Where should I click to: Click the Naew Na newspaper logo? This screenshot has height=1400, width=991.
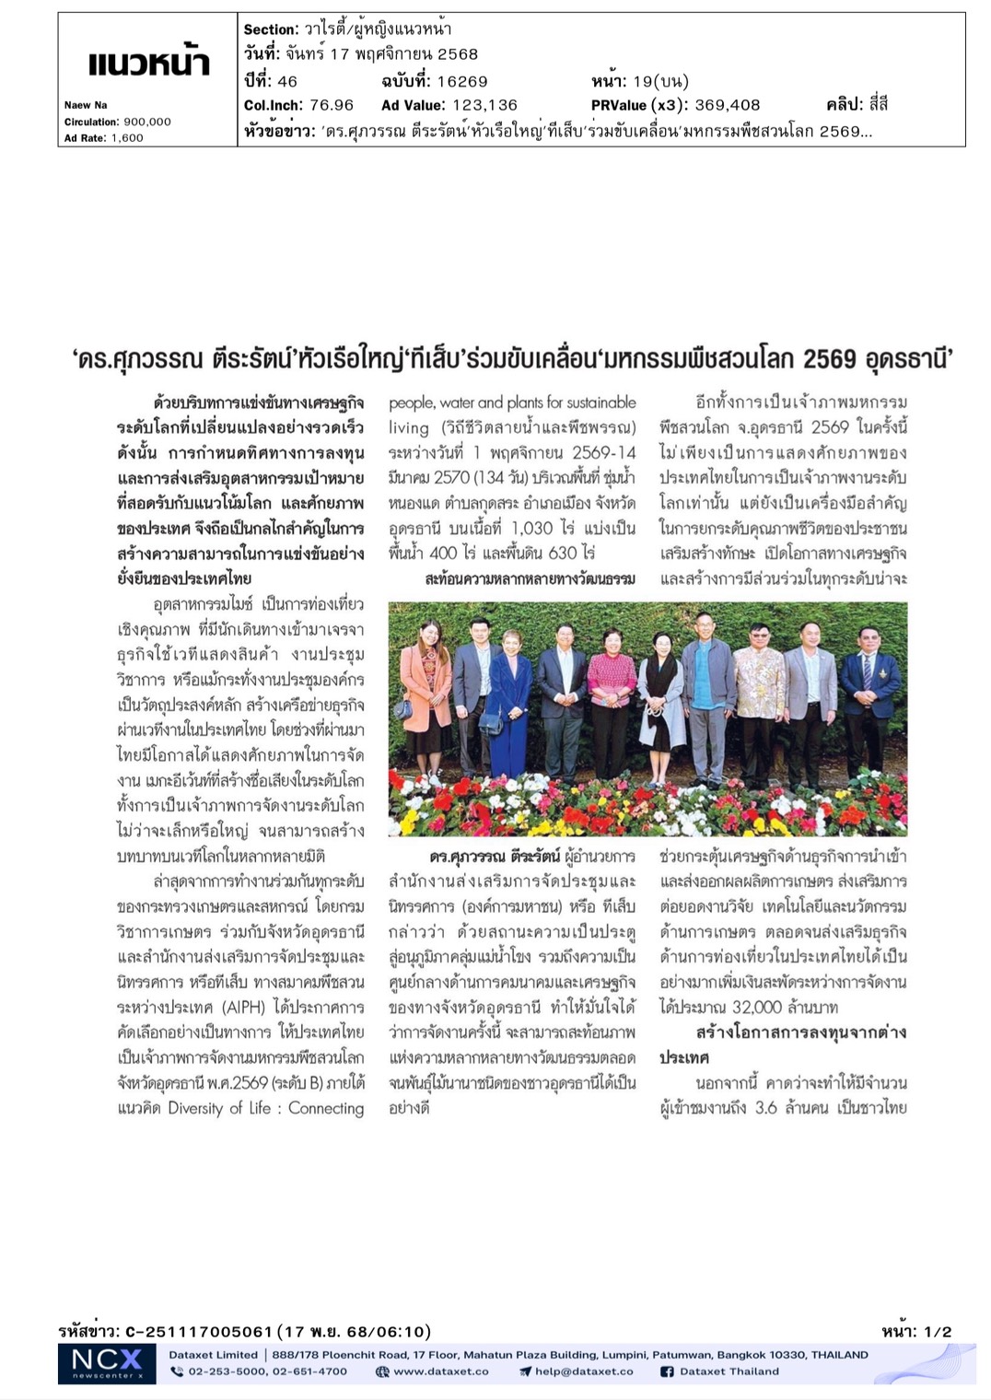pyautogui.click(x=149, y=64)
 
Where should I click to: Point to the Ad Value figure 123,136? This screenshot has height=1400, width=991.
pyautogui.click(x=480, y=105)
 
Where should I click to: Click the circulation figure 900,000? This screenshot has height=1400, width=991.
pyautogui.click(x=147, y=122)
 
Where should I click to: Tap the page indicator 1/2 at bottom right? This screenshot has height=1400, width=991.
pyautogui.click(x=938, y=1331)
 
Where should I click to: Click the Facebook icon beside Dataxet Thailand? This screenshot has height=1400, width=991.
pyautogui.click(x=667, y=1371)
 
